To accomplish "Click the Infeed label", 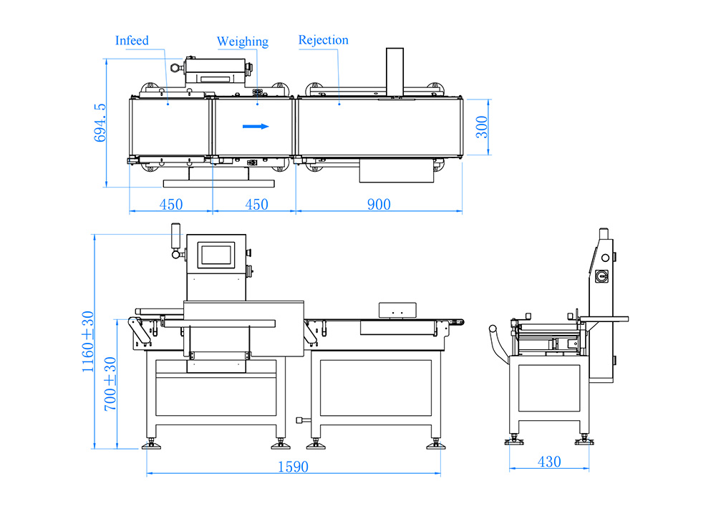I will pos(132,41).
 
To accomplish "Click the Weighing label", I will pos(243,42).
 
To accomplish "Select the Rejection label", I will pos(324,40).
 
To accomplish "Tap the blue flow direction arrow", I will pos(256,127).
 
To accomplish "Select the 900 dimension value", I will pos(379,205).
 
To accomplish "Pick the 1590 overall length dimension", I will pos(294,467).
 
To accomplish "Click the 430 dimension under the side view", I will pos(549,462).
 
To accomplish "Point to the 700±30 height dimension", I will pos(111,382).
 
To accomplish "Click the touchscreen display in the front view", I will pos(216,254).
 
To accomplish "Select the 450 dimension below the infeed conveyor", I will pos(170,205).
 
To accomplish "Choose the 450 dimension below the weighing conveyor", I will pos(256,205).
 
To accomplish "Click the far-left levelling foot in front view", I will pos(152,445).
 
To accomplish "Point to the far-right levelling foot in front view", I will pos(435,445).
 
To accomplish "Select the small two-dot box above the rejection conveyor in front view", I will pos(397,310).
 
